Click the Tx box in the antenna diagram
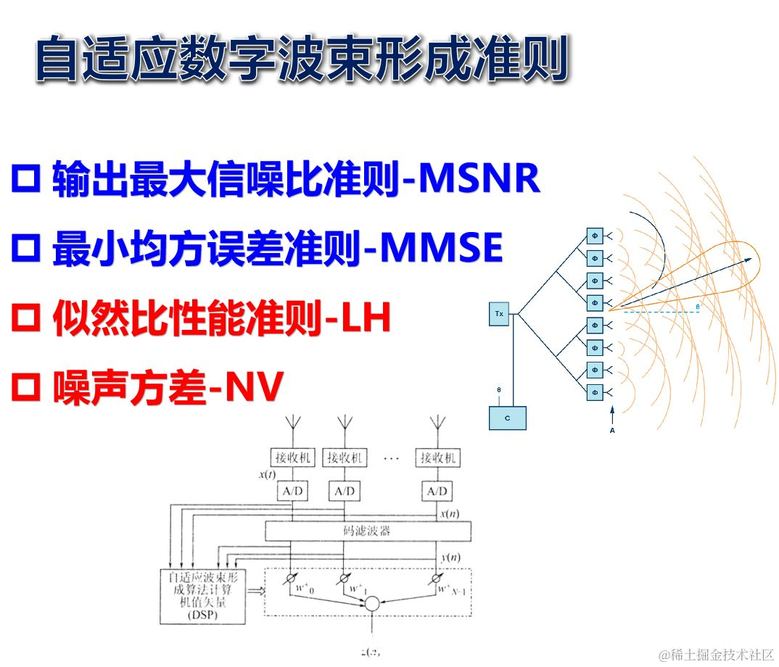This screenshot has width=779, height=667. pos(499,314)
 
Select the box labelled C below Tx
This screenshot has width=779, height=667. pos(507,418)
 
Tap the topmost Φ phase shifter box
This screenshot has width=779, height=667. pos(595,236)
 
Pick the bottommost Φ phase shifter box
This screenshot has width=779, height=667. pos(595,392)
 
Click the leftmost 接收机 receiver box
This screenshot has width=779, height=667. pos(292,457)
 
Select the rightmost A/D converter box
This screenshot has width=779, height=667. pos(437,492)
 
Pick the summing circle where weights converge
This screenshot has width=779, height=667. pos(372,603)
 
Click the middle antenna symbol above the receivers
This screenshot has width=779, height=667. pos(344,423)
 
